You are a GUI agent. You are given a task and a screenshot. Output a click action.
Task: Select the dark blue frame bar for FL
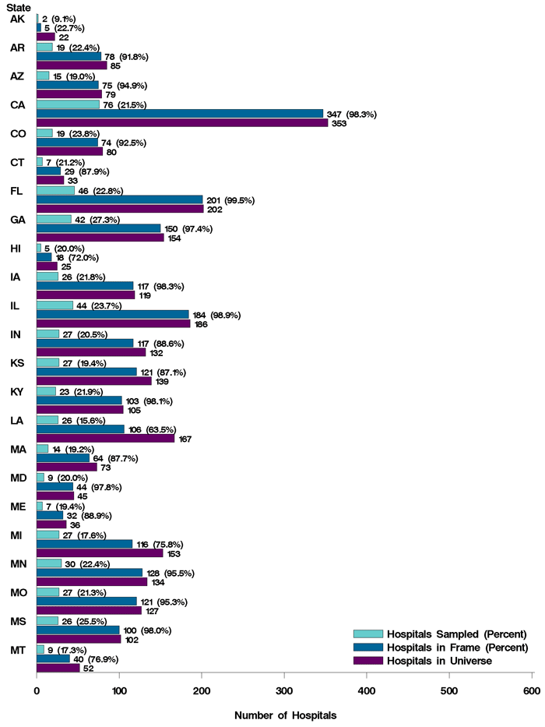pyautogui.click(x=119, y=199)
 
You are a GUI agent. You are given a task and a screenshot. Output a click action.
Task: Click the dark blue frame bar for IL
pyautogui.click(x=112, y=314)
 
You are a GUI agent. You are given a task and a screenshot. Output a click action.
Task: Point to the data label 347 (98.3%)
pyautogui.click(x=351, y=114)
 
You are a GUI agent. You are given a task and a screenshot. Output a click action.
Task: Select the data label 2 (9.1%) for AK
pyautogui.click(x=64, y=18)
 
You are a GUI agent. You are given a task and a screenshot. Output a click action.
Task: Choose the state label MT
pyautogui.click(x=18, y=649)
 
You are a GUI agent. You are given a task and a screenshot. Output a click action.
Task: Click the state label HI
pyautogui.click(x=17, y=248)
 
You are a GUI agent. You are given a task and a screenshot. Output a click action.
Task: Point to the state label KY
pyautogui.click(x=18, y=391)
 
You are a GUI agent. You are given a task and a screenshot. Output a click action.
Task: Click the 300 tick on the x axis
pyautogui.click(x=284, y=690)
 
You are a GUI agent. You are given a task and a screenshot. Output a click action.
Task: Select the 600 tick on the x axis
pyautogui.click(x=532, y=690)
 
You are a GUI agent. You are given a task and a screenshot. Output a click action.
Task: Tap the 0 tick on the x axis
pyautogui.click(x=37, y=690)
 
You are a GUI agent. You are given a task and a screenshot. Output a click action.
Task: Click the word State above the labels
pyautogui.click(x=19, y=7)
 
